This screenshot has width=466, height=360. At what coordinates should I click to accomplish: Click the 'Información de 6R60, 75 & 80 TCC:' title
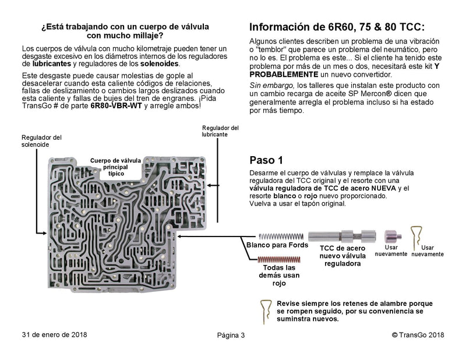337,27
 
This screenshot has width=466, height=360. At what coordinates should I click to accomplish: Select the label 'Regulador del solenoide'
41,141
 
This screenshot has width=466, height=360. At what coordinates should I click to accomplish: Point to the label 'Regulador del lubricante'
220,131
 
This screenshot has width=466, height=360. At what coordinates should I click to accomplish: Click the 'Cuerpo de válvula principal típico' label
115,167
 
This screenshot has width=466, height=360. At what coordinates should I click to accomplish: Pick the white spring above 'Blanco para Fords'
280,235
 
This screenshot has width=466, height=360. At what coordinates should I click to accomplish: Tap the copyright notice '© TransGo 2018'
418,335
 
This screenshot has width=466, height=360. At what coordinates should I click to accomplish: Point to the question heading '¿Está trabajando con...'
126,31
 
